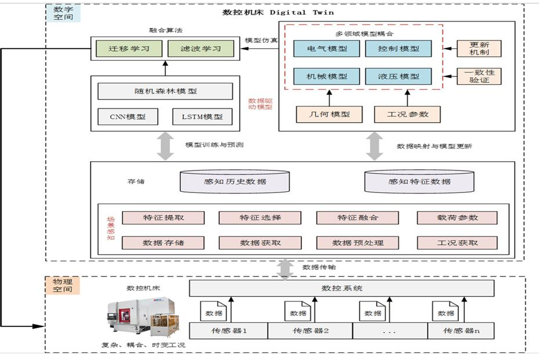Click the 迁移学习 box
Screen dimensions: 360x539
pyautogui.click(x=128, y=49)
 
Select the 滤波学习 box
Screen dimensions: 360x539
pyautogui.click(x=200, y=49)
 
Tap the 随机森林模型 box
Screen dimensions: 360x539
pyautogui.click(x=165, y=91)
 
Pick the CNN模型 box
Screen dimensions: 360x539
pyautogui.click(x=128, y=117)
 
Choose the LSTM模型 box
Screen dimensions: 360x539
pyautogui.click(x=202, y=117)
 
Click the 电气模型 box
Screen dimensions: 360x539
pyautogui.click(x=327, y=49)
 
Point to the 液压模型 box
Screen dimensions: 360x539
pyautogui.click(x=399, y=77)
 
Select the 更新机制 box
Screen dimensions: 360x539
pyautogui.click(x=479, y=49)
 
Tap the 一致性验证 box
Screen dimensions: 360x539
pyautogui.click(x=479, y=77)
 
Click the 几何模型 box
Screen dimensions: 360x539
pyautogui.click(x=329, y=114)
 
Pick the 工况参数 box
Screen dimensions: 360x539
pyautogui.click(x=407, y=114)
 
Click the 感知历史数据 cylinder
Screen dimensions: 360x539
pyautogui.click(x=234, y=181)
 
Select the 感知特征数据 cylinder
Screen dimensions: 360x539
pyautogui.click(x=419, y=181)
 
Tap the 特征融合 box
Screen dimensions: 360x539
pyautogui.click(x=357, y=217)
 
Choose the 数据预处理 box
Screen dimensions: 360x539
pyautogui.click(x=357, y=242)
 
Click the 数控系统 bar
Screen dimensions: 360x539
pyautogui.click(x=342, y=288)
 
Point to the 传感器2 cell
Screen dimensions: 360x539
pyautogui.click(x=310, y=332)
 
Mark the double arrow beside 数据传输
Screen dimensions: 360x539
pyautogui.click(x=285, y=268)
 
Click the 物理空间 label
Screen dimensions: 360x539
pyautogui.click(x=62, y=285)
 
